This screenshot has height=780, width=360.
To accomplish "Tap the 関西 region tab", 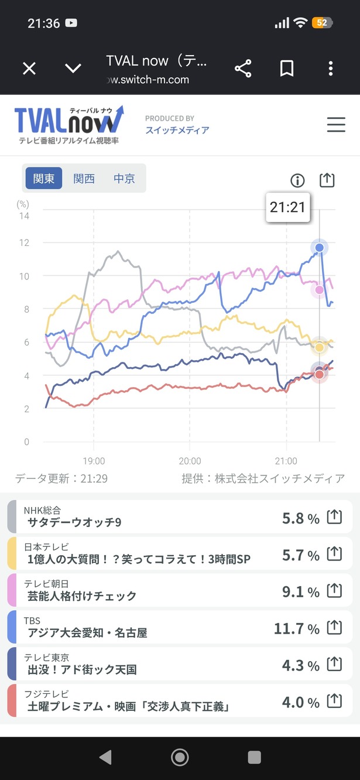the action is click(84, 179).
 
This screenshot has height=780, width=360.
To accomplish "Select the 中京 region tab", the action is click(124, 179).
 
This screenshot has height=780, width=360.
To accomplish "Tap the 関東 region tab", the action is click(44, 178).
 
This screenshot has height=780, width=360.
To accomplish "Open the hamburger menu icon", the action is click(336, 125).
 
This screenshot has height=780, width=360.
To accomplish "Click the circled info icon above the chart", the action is click(297, 180).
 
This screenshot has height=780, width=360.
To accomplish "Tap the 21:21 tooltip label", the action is click(287, 207).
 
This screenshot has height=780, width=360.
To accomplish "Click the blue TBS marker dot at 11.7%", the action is click(319, 247).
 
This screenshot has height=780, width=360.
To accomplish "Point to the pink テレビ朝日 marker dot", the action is click(319, 290).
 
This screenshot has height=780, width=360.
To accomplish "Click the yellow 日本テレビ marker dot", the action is click(319, 347).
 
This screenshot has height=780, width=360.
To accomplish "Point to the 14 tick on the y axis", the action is click(24, 216).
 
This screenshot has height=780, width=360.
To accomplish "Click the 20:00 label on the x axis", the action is click(190, 461).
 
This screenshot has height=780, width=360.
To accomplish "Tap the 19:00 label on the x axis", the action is click(94, 461).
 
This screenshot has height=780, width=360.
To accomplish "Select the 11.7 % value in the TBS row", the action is click(297, 628).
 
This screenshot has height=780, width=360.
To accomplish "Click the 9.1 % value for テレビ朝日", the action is click(301, 591).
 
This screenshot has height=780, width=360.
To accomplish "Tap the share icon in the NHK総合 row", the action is click(334, 516).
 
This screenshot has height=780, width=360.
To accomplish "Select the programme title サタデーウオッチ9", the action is click(74, 522).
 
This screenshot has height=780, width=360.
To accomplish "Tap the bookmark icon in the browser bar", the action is click(287, 69).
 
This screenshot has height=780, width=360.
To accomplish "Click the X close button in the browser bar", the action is click(29, 69).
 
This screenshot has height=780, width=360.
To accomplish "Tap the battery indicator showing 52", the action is click(323, 23).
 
